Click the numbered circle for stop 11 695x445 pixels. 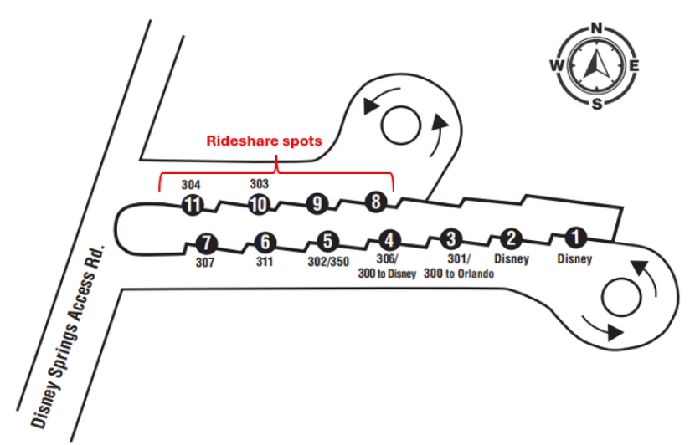click(193, 205)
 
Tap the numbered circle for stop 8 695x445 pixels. click(376, 202)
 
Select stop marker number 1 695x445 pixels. click(574, 238)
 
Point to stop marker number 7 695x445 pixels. click(206, 244)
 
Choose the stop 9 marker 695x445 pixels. click(316, 203)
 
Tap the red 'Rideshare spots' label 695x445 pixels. click(264, 141)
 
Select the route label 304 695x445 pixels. click(193, 184)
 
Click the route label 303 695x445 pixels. click(260, 182)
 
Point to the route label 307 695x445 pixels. click(205, 263)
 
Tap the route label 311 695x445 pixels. click(265, 261)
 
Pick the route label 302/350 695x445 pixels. click(327, 260)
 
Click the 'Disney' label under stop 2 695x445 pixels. click(512, 259)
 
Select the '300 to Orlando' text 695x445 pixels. click(459, 274)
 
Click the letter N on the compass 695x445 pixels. click(598, 28)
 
